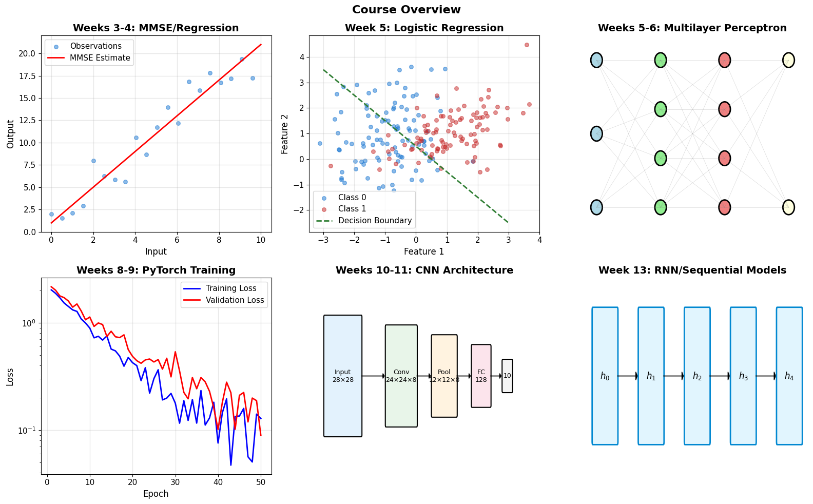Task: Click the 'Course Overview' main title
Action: pyautogui.click(x=406, y=9)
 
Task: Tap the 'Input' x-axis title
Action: pyautogui.click(x=156, y=251)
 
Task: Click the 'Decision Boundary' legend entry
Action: pyautogui.click(x=364, y=220)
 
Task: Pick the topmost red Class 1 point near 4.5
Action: pyautogui.click(x=527, y=45)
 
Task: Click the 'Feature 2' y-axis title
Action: pyautogui.click(x=284, y=134)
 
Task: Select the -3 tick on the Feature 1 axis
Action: pyautogui.click(x=323, y=240)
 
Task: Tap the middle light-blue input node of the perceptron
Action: pyautogui.click(x=597, y=134)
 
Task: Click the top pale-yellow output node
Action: pyautogui.click(x=788, y=60)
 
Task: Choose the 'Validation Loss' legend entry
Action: pyautogui.click(x=224, y=300)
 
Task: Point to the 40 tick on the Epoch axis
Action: pyautogui.click(x=218, y=482)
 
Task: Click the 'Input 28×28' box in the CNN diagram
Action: pyautogui.click(x=343, y=376)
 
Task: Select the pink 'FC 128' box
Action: pyautogui.click(x=481, y=376)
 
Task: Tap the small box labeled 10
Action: pyautogui.click(x=507, y=376)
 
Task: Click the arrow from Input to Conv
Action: pyautogui.click(x=374, y=376)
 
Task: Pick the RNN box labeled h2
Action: pyautogui.click(x=697, y=376)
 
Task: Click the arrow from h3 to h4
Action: pyautogui.click(x=766, y=376)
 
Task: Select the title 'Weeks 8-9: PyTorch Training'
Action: pyautogui.click(x=156, y=270)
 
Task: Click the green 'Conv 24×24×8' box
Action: pyautogui.click(x=401, y=376)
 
